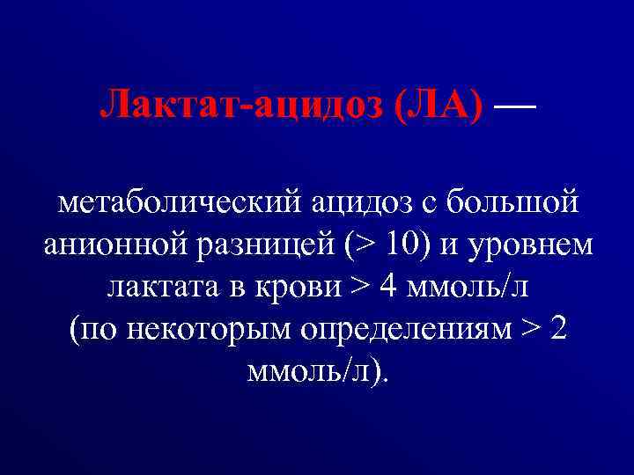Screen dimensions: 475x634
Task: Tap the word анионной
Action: click(111, 243)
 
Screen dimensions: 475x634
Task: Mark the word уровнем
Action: click(534, 243)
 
